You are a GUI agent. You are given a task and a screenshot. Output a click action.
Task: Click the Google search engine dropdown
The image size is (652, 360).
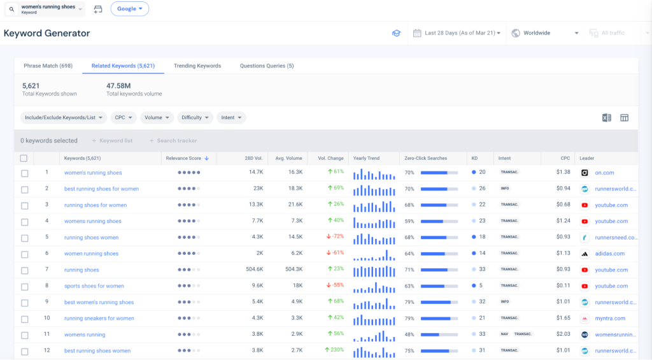point(130,9)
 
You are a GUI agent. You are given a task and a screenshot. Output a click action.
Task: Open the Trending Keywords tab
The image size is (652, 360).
point(197,66)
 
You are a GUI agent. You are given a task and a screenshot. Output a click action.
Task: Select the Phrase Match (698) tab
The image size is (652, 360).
point(48,66)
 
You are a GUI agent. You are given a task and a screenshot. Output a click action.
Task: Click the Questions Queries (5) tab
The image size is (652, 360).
point(267,66)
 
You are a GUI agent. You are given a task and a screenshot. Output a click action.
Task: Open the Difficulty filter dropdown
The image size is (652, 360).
point(195,118)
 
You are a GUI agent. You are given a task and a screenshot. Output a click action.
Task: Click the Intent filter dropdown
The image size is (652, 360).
point(231,118)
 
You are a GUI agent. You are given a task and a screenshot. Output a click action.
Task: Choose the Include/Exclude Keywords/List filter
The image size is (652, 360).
point(63,118)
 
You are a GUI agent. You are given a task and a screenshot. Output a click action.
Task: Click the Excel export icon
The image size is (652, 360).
point(606,118)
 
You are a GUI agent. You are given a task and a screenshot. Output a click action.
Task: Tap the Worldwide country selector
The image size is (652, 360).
point(545,33)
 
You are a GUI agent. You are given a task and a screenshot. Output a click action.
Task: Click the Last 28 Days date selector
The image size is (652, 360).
point(457,33)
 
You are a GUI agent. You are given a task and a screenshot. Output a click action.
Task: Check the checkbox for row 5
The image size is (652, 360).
point(24,238)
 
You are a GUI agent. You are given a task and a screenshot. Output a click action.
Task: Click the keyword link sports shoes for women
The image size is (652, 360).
point(94,286)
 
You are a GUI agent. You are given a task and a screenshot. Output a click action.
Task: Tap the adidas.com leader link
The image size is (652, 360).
point(609,254)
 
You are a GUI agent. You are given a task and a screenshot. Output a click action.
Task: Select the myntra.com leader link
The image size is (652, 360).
point(610,319)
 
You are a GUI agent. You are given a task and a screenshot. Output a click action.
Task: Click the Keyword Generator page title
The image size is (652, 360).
point(47,33)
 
